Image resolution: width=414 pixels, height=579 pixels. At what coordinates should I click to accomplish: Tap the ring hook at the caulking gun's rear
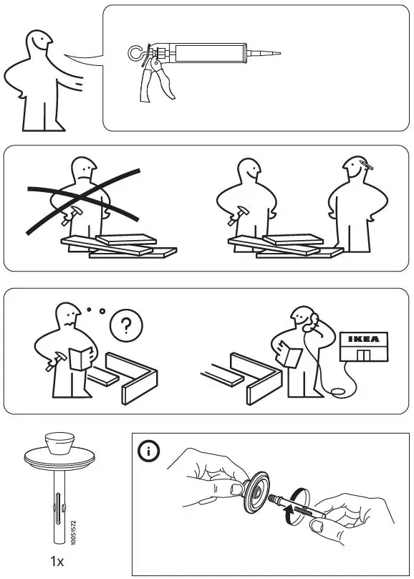point(133,52)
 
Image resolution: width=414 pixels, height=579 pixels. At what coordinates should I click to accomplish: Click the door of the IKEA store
point(367,355)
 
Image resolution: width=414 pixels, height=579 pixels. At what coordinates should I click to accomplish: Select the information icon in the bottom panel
point(149,451)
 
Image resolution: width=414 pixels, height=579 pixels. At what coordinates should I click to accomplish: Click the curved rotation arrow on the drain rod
point(288,511)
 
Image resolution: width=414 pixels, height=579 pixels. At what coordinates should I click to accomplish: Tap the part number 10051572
point(75,530)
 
